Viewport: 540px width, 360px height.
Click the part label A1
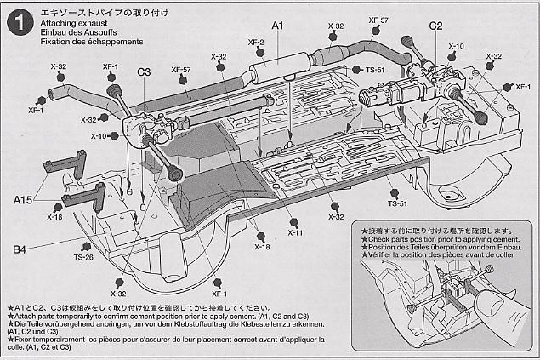pos(277,27)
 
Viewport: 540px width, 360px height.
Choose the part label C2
pos(436,27)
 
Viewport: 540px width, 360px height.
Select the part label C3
pos(144,72)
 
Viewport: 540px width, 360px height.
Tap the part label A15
pos(24,199)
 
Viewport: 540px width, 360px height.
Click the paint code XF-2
pos(255,41)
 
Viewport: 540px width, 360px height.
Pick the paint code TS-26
pos(82,257)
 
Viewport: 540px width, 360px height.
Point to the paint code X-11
pos(295,232)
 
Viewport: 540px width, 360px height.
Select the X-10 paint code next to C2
pos(457,47)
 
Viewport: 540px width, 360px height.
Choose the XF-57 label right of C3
pos(181,70)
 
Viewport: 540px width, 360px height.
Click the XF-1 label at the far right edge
pos(523,87)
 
